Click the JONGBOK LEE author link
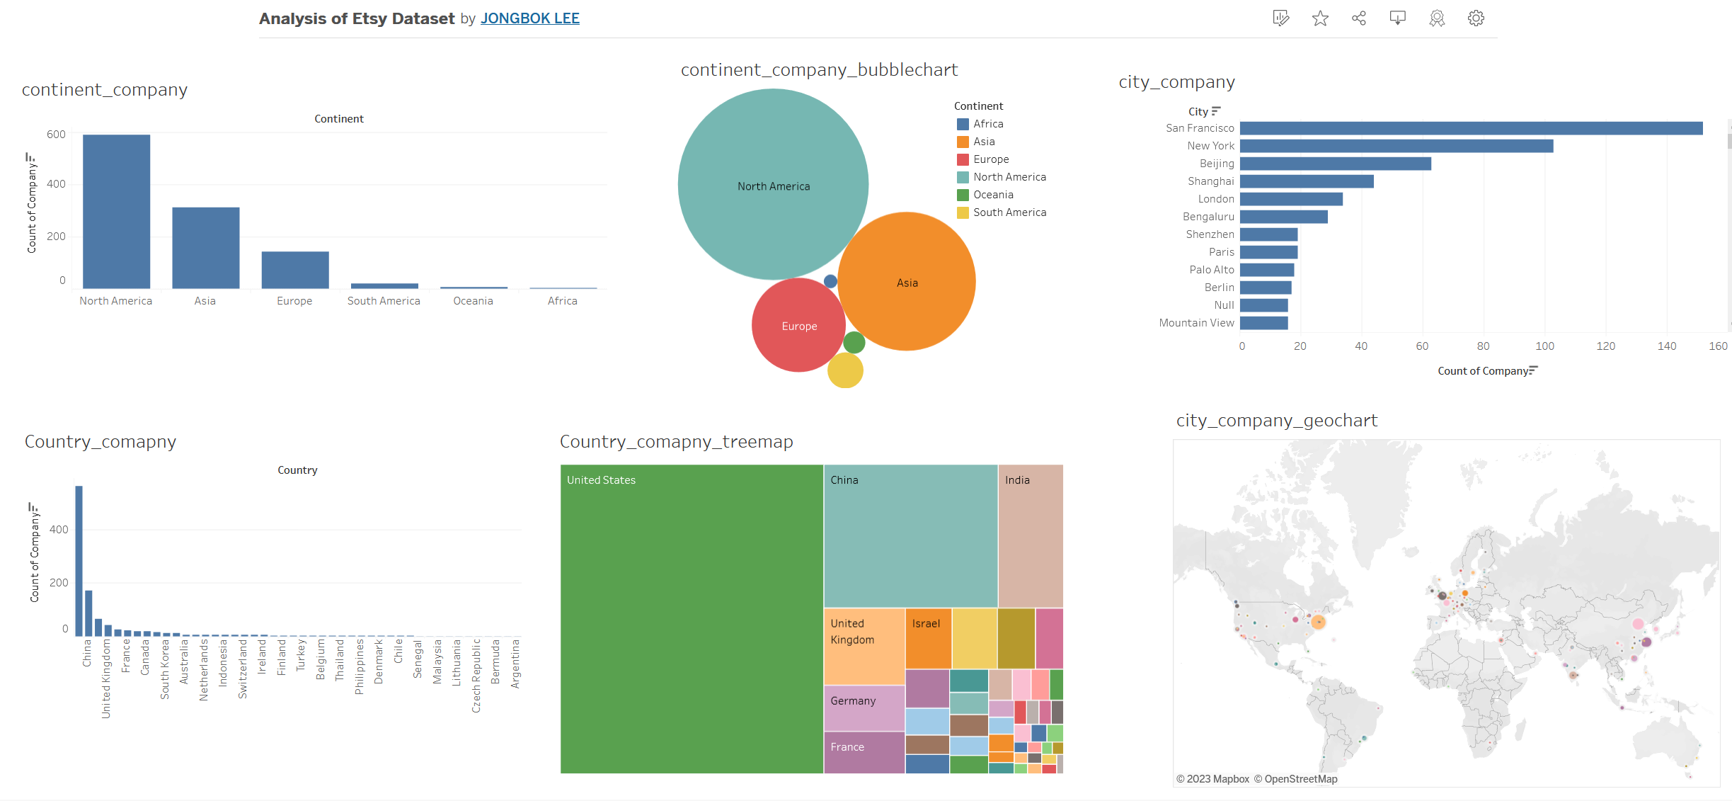[x=529, y=18]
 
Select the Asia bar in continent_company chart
[x=205, y=247]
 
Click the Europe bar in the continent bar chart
[x=295, y=270]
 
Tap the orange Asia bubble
[x=907, y=282]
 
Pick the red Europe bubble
[x=798, y=326]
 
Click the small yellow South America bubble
[x=845, y=370]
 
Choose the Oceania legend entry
[x=992, y=195]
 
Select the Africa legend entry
[x=987, y=124]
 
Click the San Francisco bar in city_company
[x=1471, y=128]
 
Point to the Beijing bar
[x=1335, y=164]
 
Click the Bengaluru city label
[x=1208, y=217]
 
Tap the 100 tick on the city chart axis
[x=1544, y=346]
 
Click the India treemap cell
[x=1031, y=535]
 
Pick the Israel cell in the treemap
[x=928, y=638]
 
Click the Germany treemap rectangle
[x=864, y=708]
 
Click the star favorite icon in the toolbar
[x=1320, y=18]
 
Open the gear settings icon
[x=1476, y=18]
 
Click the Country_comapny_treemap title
[x=676, y=442]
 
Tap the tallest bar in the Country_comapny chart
[x=79, y=560]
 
